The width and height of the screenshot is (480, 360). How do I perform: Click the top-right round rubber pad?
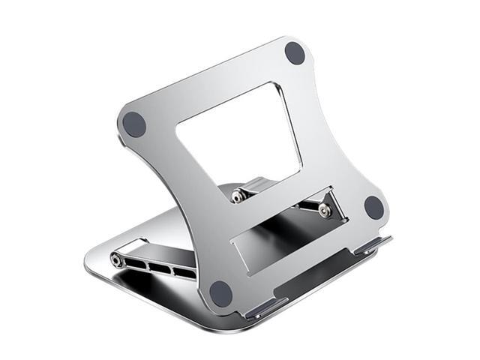(295, 53)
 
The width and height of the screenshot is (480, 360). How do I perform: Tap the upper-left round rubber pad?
(134, 124)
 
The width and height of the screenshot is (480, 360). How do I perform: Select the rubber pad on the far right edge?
(373, 207)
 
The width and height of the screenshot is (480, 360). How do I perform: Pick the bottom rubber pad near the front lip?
(220, 292)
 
